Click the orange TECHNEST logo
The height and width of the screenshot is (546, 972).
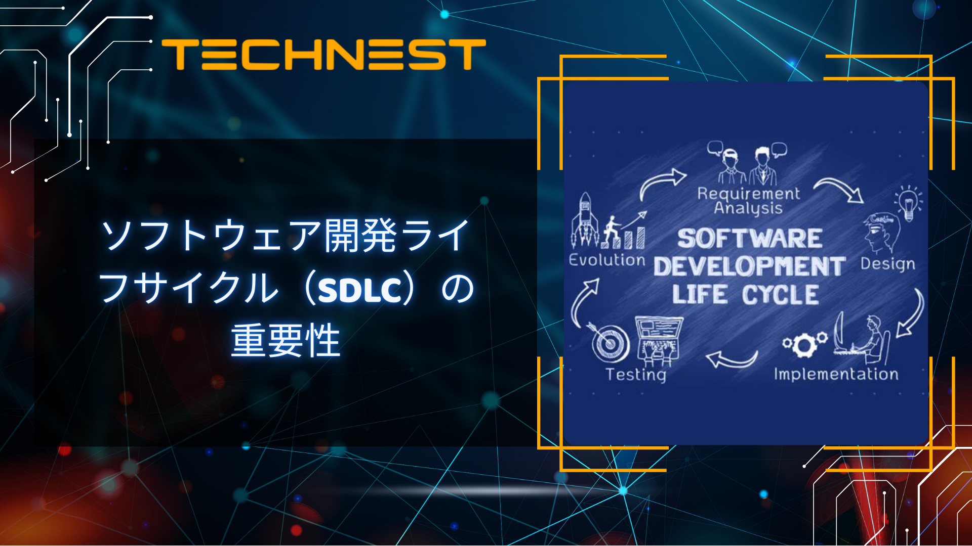[324, 55]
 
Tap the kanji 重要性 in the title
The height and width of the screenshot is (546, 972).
[286, 341]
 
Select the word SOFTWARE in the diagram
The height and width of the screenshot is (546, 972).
[749, 239]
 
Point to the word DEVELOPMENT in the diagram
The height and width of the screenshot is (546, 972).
[749, 266]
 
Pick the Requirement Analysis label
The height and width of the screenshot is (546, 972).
[748, 201]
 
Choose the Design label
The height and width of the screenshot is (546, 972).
[887, 264]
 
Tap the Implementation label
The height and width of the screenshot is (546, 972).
[836, 374]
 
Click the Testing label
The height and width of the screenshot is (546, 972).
[636, 375]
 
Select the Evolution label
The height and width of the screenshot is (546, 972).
[607, 260]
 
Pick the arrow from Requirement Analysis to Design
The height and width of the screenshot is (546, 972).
[839, 189]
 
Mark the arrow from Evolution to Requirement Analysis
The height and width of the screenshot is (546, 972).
[661, 182]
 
